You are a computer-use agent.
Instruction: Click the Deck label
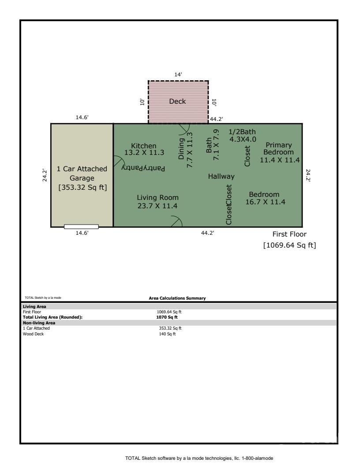pos(177,101)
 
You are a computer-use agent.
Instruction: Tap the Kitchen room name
pos(144,146)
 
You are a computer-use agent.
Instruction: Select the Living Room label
pos(158,197)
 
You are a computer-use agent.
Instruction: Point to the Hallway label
pos(221,176)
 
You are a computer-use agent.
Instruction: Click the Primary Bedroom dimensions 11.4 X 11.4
pos(280,160)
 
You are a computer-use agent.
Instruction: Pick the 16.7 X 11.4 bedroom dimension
pos(265,202)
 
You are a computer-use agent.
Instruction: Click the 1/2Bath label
pos(242,132)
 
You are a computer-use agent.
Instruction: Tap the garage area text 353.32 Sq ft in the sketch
pos(82,187)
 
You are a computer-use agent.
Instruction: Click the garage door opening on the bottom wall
pos(81,226)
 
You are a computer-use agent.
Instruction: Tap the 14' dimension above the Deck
pos(178,74)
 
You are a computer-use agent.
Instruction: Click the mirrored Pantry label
pos(143,168)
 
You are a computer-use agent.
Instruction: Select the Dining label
pos(181,149)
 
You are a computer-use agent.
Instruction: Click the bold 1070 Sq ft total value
pos(167,317)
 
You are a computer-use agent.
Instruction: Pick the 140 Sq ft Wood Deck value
pos(167,334)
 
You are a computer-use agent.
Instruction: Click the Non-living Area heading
pos(39,323)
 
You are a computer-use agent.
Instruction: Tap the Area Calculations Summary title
pos(177,298)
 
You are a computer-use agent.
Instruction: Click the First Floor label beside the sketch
pos(289,234)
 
